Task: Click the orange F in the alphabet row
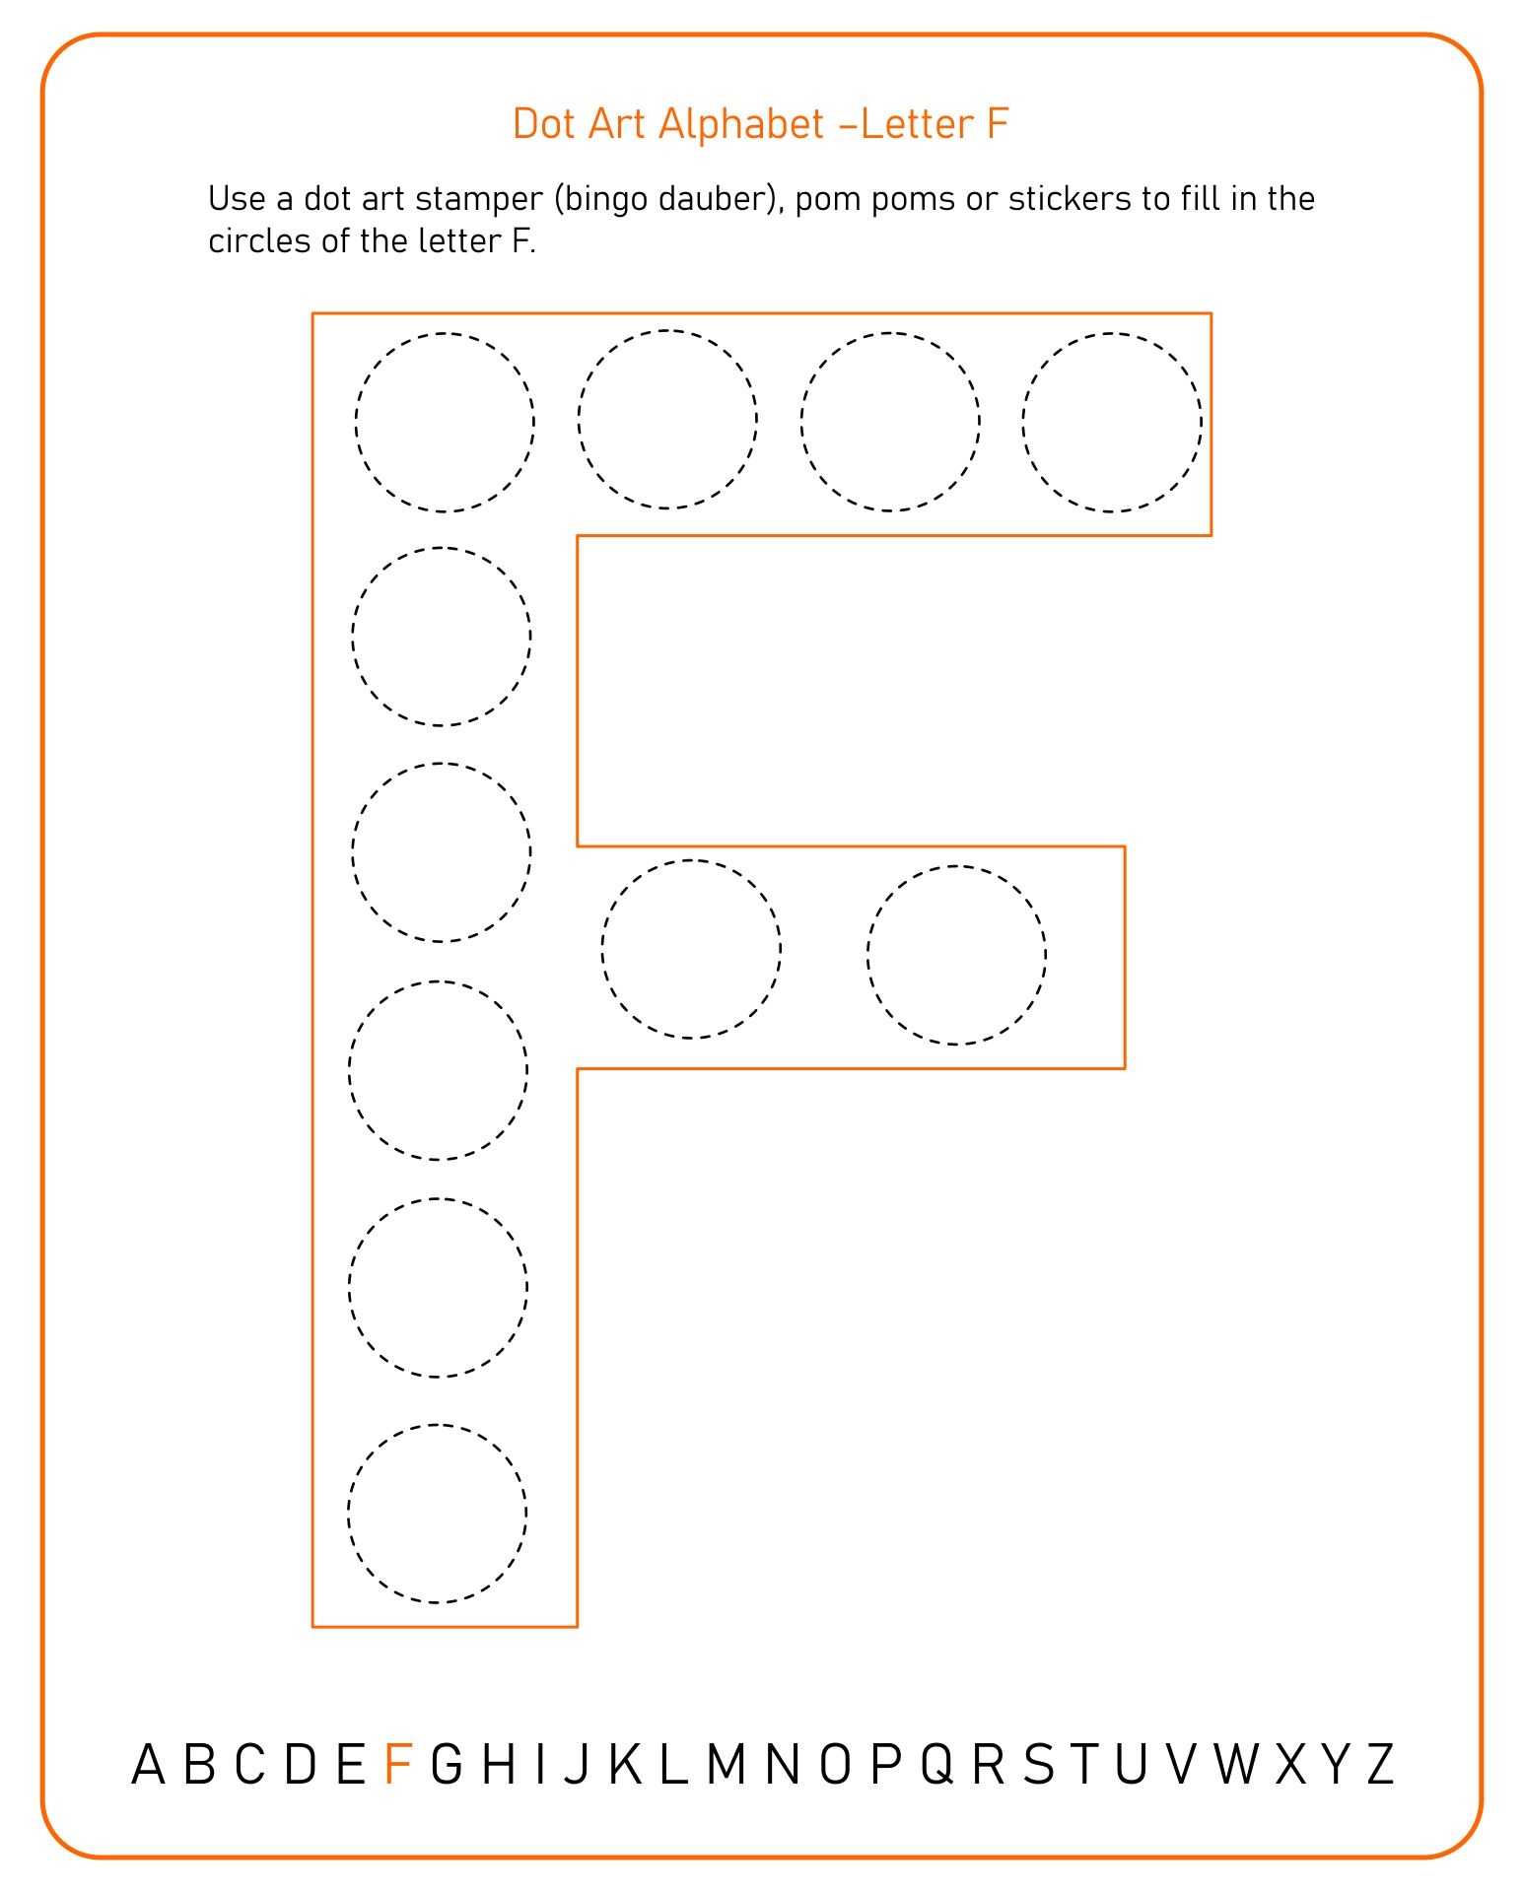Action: click(397, 1765)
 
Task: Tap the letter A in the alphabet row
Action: click(148, 1765)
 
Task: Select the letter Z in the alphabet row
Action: click(1380, 1765)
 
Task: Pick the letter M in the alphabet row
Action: click(726, 1765)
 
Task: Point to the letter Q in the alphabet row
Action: click(937, 1765)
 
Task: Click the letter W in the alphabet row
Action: click(1236, 1765)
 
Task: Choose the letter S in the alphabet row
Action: click(1038, 1765)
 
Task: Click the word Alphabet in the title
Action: click(740, 124)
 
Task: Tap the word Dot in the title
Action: click(544, 124)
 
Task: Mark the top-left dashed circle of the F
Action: click(445, 423)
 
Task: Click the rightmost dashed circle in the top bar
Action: click(1112, 423)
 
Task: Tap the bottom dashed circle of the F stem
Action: click(438, 1514)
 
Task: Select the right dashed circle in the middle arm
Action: click(956, 955)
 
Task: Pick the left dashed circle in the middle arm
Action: click(691, 949)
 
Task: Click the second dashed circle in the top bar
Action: click(667, 420)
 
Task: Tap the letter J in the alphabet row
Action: click(577, 1765)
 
